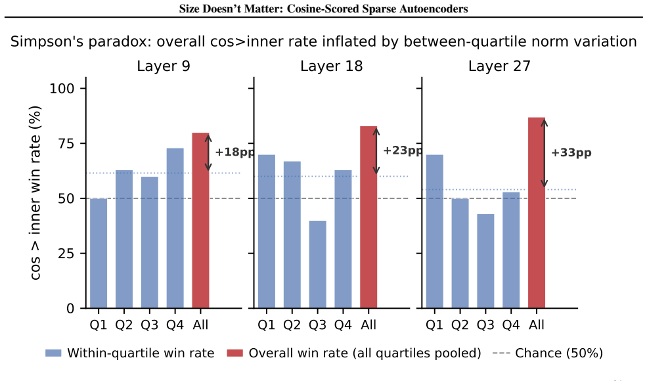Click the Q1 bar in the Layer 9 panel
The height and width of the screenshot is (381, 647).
[99, 254]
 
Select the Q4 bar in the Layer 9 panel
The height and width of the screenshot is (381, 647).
[175, 228]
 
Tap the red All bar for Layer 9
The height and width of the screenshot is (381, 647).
[200, 221]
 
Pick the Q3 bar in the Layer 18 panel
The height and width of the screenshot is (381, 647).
[317, 265]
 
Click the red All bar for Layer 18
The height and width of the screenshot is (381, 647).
[368, 217]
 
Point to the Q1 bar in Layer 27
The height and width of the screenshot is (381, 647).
[434, 232]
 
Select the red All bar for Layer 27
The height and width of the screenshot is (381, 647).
[537, 213]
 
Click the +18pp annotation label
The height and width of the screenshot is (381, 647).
[234, 152]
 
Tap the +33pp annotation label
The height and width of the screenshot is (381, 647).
[571, 153]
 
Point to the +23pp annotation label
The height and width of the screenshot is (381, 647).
[403, 150]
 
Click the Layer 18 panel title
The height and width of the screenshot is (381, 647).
[331, 66]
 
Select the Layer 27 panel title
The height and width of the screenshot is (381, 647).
[499, 66]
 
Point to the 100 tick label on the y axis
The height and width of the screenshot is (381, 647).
[62, 88]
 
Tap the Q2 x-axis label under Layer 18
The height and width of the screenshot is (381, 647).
[292, 325]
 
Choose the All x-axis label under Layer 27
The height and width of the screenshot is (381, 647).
[537, 325]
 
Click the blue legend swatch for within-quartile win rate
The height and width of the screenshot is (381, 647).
[53, 353]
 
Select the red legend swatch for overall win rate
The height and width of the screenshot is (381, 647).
[234, 353]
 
